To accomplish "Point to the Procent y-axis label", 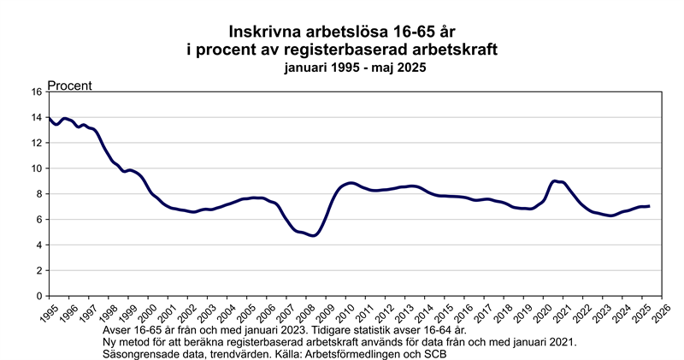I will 69,86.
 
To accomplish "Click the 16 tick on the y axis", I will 36,91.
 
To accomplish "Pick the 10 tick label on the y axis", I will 36,168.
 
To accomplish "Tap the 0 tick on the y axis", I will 39,296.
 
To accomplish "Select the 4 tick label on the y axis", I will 39,245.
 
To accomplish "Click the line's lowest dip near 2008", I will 314,235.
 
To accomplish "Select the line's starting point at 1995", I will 49,118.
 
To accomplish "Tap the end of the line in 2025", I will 650,206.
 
